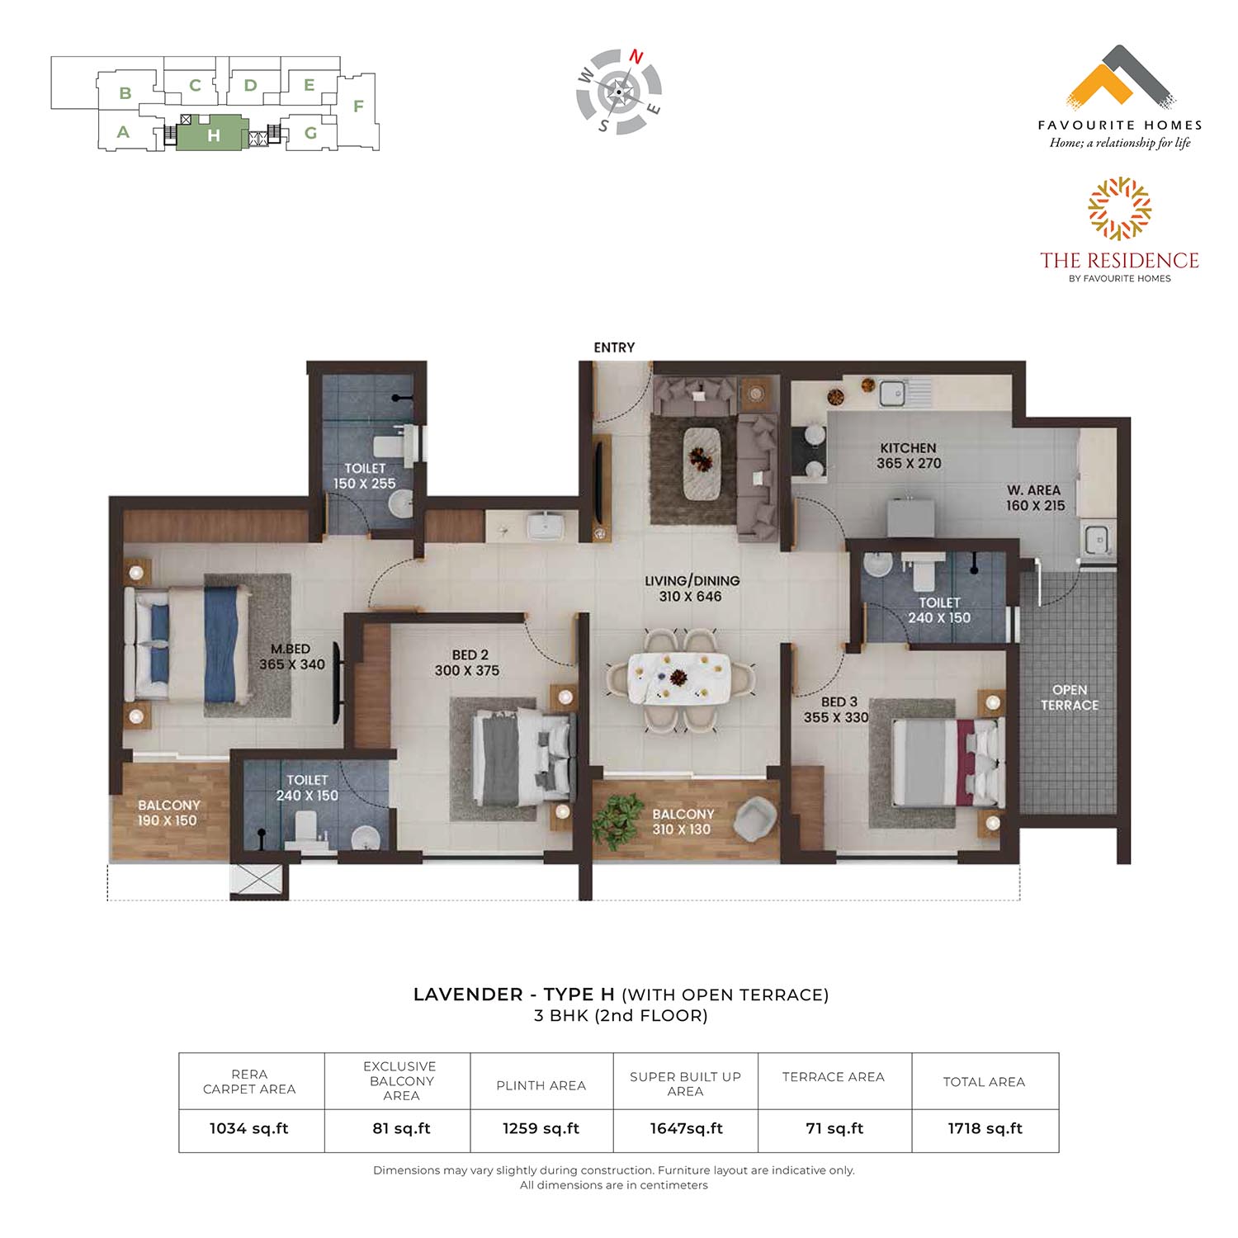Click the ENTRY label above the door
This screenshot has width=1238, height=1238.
(614, 347)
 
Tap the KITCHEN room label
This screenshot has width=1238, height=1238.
(908, 448)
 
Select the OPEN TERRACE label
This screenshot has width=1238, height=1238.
(1070, 697)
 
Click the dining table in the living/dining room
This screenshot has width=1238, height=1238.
(679, 678)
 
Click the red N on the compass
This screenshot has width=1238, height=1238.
(636, 57)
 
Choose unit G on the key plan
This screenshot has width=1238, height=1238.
(311, 133)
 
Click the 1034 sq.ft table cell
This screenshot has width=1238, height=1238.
(249, 1128)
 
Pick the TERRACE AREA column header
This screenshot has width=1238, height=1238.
(834, 1077)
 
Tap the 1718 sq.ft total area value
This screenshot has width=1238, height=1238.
(985, 1128)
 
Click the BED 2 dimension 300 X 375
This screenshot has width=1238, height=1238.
(467, 671)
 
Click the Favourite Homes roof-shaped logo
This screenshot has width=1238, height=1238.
(1121, 78)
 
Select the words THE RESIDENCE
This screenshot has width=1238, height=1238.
(1119, 261)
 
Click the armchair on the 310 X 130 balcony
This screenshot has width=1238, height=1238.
(755, 820)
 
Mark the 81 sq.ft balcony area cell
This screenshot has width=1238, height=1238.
(401, 1128)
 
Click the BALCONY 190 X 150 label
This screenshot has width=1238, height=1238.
(168, 813)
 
